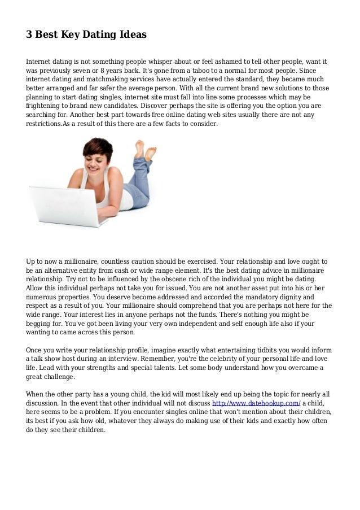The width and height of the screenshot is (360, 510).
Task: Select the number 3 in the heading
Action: (x=29, y=35)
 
